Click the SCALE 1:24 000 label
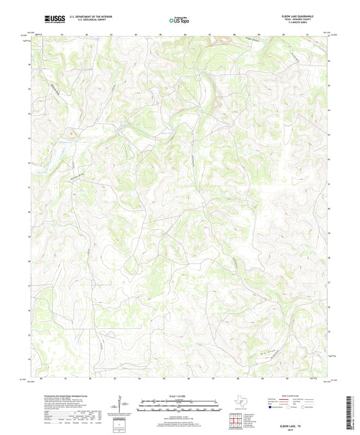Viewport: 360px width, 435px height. click(x=180, y=395)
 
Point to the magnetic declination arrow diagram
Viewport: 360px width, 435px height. click(x=119, y=405)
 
